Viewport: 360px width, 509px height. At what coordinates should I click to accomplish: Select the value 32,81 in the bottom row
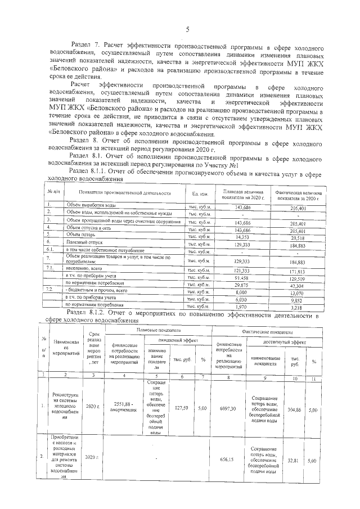click(292, 459)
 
